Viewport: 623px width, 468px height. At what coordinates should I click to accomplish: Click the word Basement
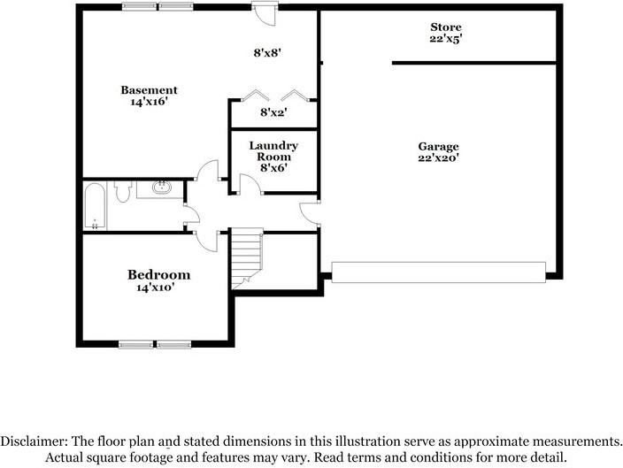(x=149, y=89)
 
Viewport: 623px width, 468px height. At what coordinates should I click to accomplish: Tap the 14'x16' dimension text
(x=149, y=102)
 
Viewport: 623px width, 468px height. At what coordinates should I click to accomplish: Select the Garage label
(x=439, y=146)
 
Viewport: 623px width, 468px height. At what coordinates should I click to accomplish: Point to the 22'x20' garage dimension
(x=439, y=158)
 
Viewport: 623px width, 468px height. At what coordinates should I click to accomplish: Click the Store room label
(x=446, y=27)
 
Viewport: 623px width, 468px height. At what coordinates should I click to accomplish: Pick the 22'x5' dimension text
(x=446, y=40)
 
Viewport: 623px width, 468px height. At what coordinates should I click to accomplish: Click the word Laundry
(x=273, y=145)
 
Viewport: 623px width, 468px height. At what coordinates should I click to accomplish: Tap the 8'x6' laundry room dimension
(x=273, y=168)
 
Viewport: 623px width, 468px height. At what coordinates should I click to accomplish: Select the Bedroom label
(x=158, y=274)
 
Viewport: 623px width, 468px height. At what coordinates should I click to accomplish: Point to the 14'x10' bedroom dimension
(x=158, y=288)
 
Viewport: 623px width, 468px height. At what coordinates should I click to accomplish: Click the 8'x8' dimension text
(x=266, y=52)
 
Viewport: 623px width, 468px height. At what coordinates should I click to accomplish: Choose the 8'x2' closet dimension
(x=273, y=112)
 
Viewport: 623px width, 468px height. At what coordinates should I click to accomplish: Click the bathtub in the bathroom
(x=95, y=205)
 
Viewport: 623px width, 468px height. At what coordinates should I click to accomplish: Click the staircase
(x=248, y=257)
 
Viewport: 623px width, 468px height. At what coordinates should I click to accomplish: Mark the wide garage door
(x=438, y=270)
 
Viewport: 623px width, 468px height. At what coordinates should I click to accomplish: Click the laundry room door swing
(x=250, y=183)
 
